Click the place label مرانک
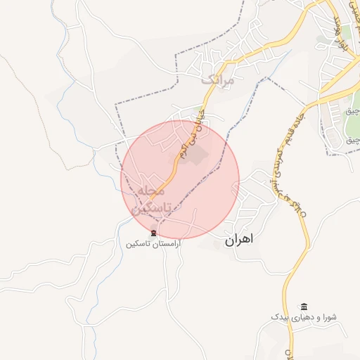(217, 79)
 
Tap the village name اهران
(238, 240)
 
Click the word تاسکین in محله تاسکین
(146, 207)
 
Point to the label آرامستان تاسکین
(153, 243)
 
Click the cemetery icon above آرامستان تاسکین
(153, 233)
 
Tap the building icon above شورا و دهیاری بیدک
(304, 307)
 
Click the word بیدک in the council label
(281, 318)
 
